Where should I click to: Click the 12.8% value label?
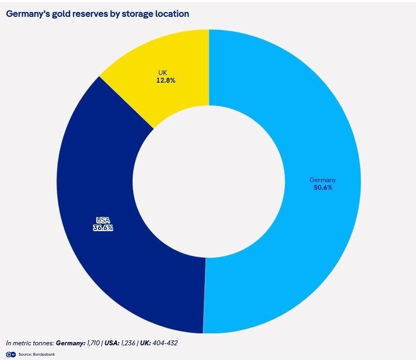point(166,80)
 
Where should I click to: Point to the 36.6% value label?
point(103,228)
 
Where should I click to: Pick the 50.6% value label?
point(323,188)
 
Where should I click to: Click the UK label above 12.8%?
point(163,73)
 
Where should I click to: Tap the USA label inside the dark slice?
point(103,220)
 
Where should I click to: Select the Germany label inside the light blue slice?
point(323,180)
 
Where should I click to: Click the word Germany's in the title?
point(28,14)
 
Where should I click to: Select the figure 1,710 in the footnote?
point(93,343)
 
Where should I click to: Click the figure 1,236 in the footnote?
point(128,343)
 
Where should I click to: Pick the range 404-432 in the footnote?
point(165,343)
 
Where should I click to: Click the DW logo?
point(11,355)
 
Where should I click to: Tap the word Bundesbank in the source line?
point(44,355)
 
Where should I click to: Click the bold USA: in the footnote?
point(111,343)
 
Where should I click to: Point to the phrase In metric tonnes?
point(30,343)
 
